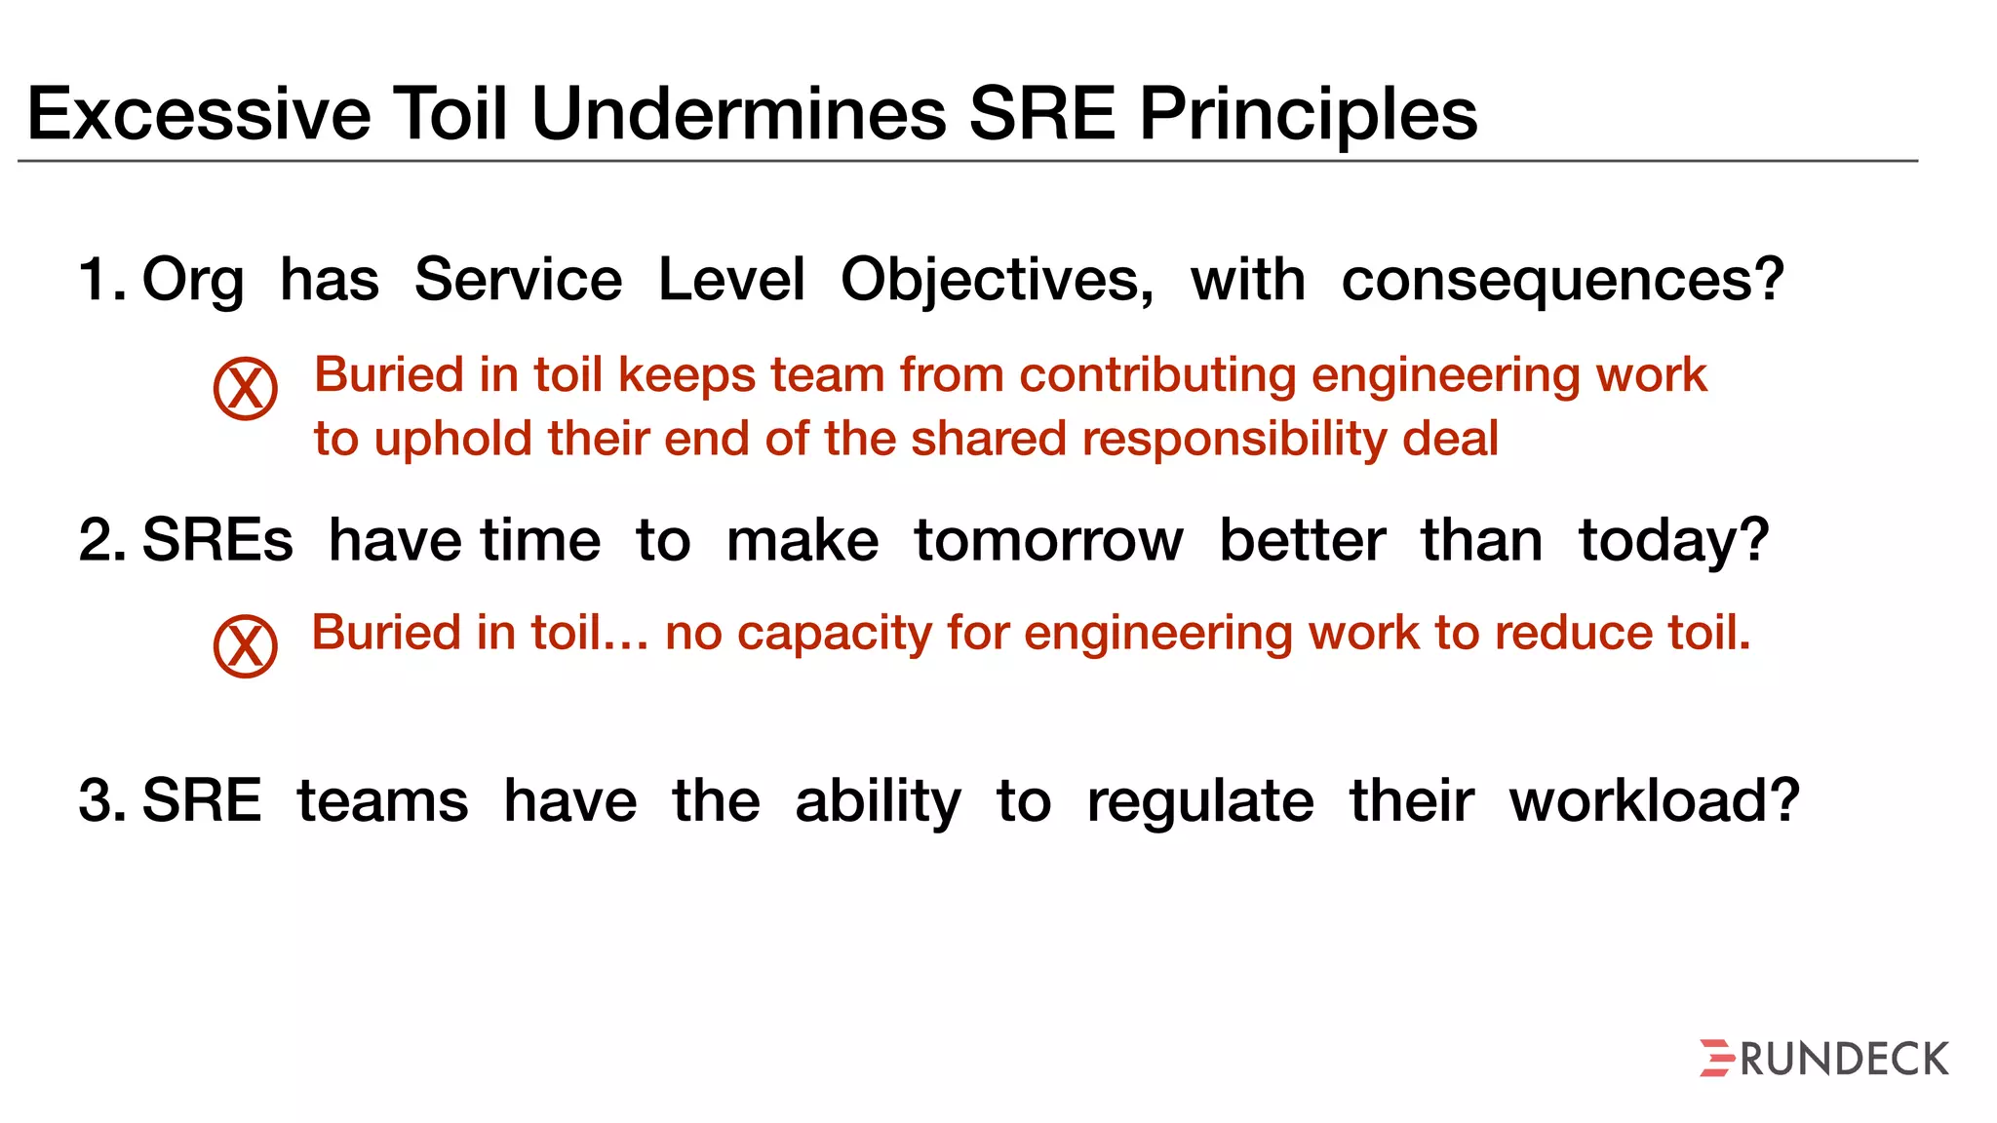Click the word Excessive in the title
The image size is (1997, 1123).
point(199,115)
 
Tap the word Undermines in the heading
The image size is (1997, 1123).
point(738,115)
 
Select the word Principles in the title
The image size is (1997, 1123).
point(1308,115)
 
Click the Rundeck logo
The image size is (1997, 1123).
point(1823,1059)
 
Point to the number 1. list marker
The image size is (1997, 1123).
point(101,281)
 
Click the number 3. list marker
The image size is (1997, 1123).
point(101,801)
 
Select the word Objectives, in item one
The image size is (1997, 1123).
point(997,281)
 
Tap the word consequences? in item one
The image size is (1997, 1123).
point(1562,281)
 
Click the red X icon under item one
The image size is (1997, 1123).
point(246,388)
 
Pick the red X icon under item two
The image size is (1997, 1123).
point(246,645)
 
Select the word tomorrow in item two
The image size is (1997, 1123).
point(1048,541)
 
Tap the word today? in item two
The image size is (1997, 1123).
point(1673,541)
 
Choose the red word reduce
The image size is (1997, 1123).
point(1573,634)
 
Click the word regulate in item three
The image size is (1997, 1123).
point(1200,801)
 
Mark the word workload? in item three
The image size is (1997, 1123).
point(1654,801)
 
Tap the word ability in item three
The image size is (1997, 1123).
point(878,801)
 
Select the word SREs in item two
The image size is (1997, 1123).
point(217,541)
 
